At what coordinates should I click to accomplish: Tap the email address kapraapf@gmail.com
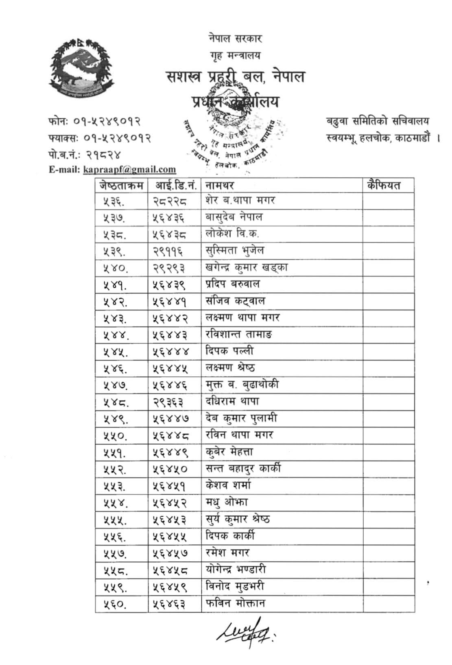tap(129, 170)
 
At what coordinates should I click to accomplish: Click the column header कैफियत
tap(384, 185)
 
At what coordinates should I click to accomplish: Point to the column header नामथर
tap(220, 185)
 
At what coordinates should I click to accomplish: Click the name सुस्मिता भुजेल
tap(235, 250)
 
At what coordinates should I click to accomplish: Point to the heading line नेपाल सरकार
tap(235, 39)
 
